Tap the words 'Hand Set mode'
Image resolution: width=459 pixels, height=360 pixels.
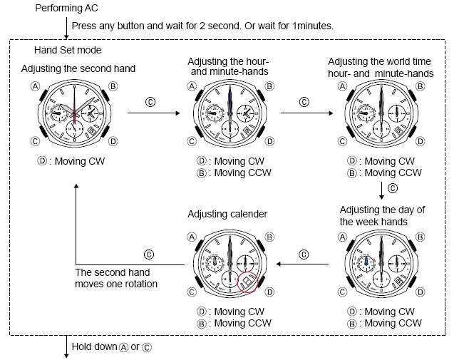(68, 50)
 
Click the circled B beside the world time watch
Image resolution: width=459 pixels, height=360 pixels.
(421, 86)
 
